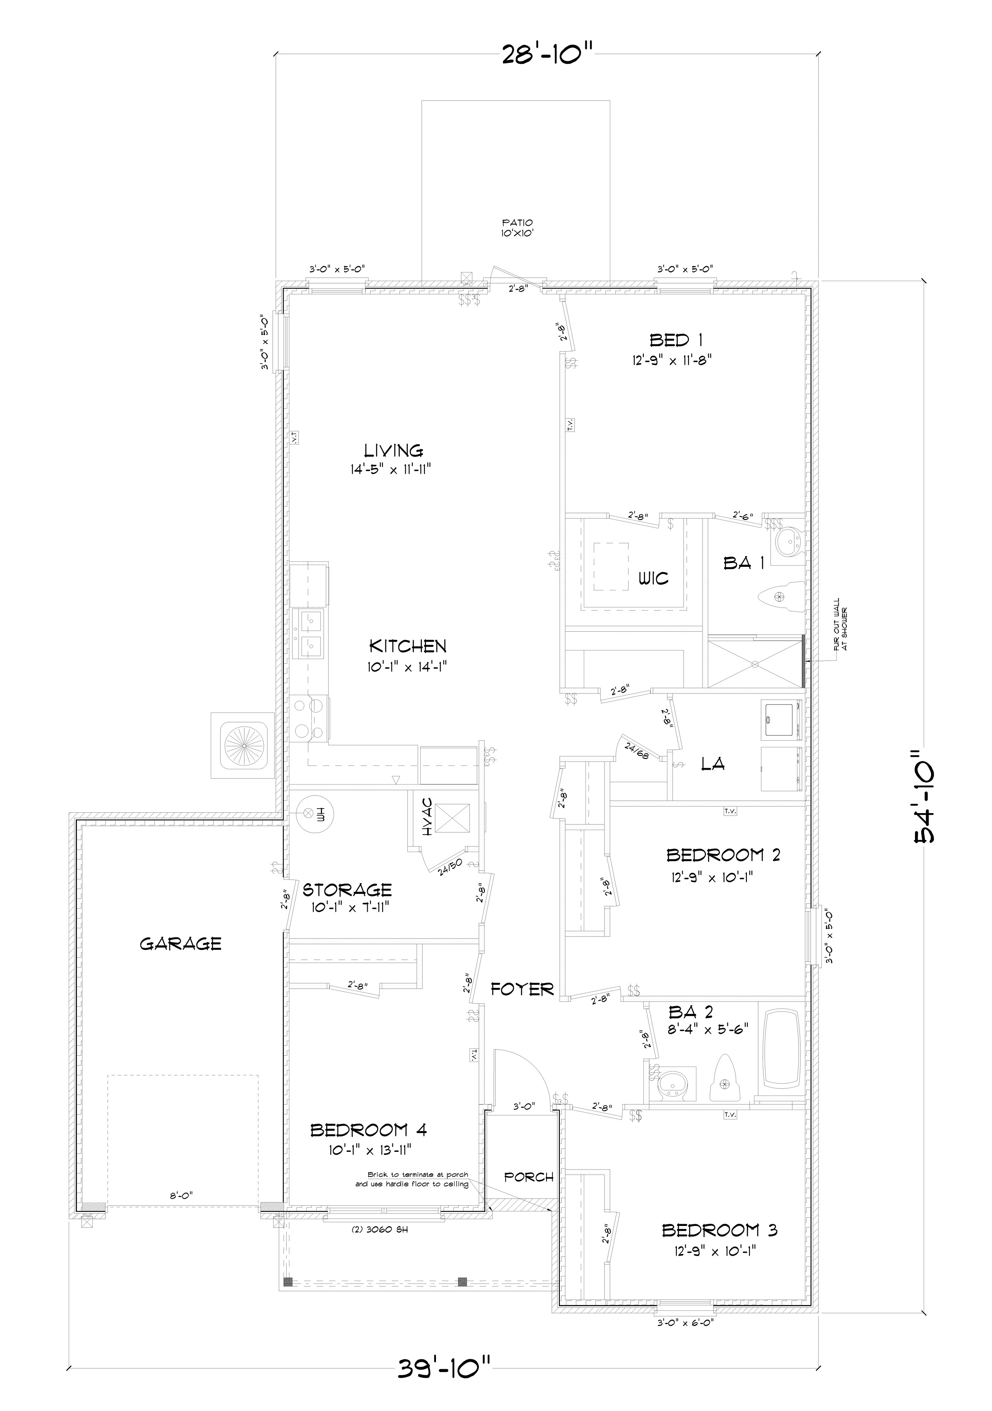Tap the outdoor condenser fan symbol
coord(243,745)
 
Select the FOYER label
coord(522,989)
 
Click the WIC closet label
coord(653,578)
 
